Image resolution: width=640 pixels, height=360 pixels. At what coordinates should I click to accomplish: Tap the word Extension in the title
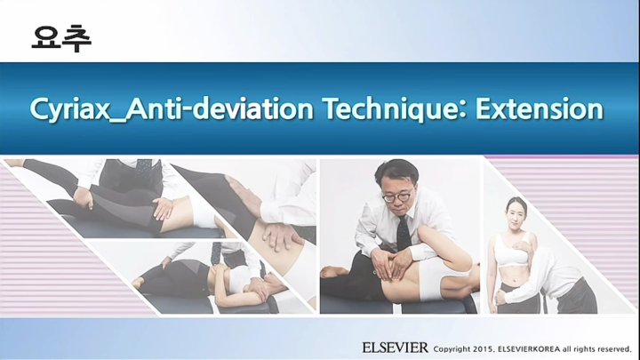pos(540,109)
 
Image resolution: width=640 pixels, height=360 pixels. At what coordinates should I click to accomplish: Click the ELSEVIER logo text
pos(395,347)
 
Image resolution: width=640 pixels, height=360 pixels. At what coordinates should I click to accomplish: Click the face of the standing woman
pos(514,212)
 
